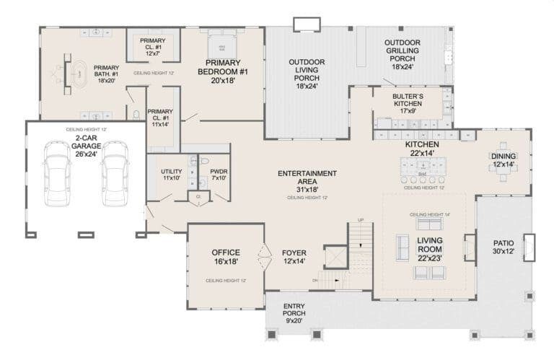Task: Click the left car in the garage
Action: point(56,173)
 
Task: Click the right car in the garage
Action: point(115,173)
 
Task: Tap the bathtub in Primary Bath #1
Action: point(79,74)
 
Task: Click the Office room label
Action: point(226,257)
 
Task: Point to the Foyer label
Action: point(294,257)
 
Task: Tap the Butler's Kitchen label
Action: point(408,100)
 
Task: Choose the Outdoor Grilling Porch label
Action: point(402,54)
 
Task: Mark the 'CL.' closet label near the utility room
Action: point(198,196)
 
